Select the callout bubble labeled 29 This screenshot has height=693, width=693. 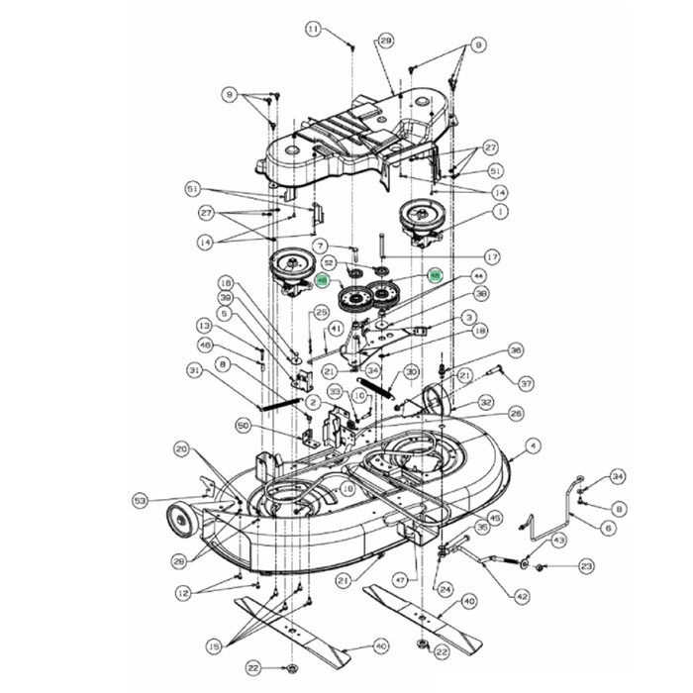pyautogui.click(x=386, y=41)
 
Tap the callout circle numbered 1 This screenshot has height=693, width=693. pyautogui.click(x=501, y=211)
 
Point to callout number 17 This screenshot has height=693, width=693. pyautogui.click(x=492, y=256)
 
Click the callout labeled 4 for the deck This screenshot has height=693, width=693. pyautogui.click(x=534, y=446)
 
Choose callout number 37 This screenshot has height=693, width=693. pyautogui.click(x=526, y=384)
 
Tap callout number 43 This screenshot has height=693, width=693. pyautogui.click(x=558, y=540)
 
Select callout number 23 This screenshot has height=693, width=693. pyautogui.click(x=586, y=566)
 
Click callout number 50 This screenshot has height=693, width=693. pyautogui.click(x=244, y=425)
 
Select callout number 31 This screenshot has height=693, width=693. pyautogui.click(x=192, y=369)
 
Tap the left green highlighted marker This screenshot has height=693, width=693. pyautogui.click(x=323, y=281)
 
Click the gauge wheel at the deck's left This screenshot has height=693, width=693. pyautogui.click(x=180, y=519)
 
